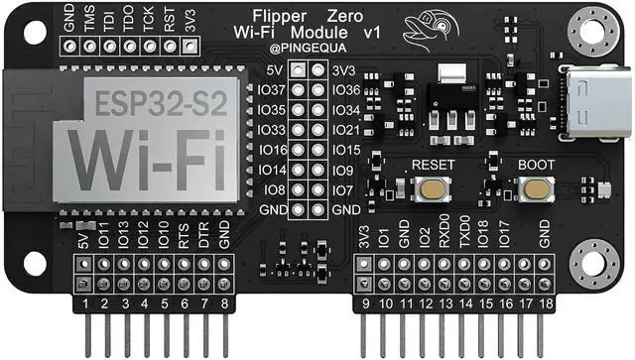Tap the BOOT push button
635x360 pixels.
[x=537, y=188]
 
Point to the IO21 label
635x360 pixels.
[x=346, y=130]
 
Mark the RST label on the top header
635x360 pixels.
[x=170, y=21]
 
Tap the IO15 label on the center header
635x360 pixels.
[x=346, y=150]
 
